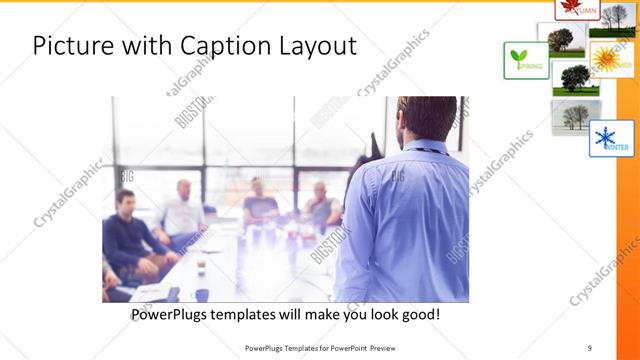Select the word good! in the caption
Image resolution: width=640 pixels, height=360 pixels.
419,315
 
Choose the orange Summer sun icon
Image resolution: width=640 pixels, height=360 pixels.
611,58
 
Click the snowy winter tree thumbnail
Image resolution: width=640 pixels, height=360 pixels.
575,116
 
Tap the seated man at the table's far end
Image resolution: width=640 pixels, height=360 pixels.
259,200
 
